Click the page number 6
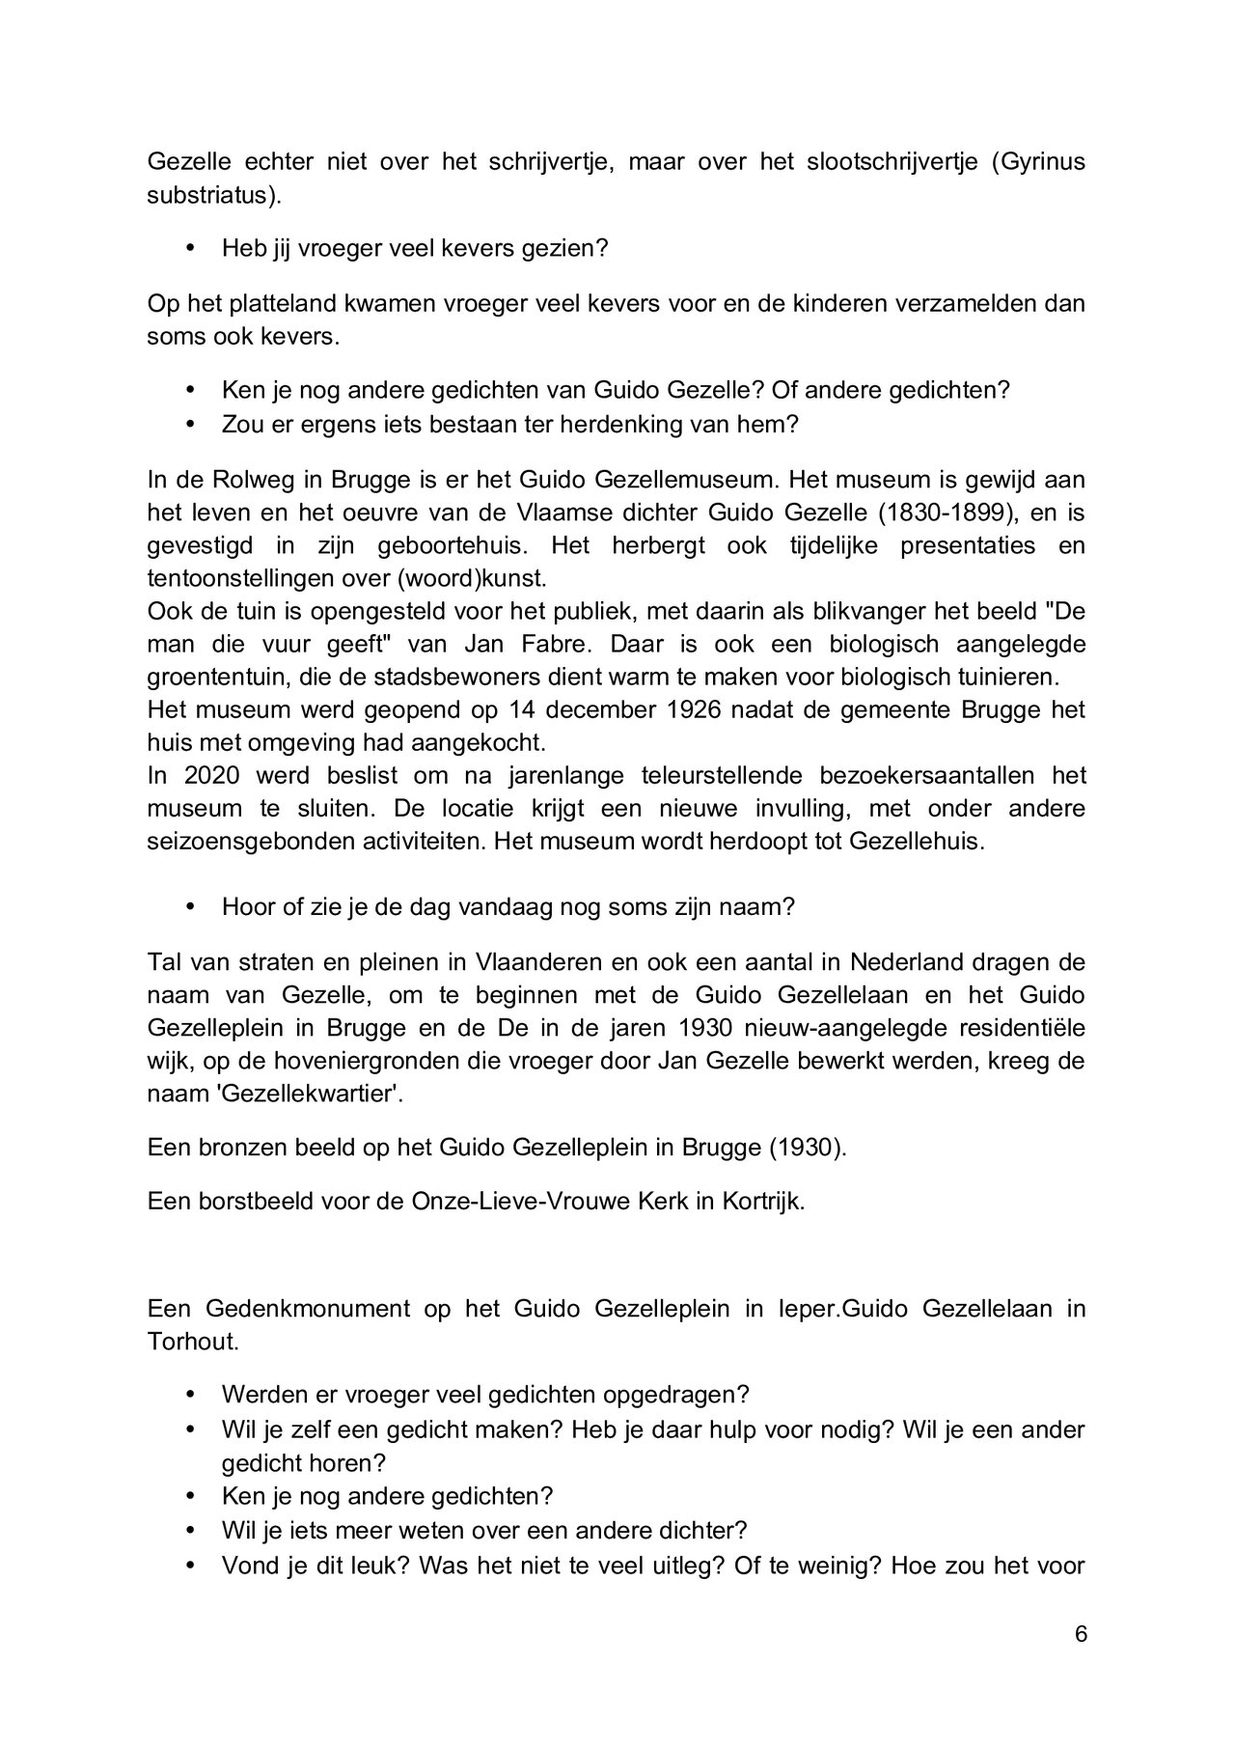click(x=1081, y=1634)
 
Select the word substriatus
click(x=213, y=195)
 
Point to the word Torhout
click(x=192, y=1342)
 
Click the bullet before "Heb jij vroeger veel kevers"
click(x=190, y=248)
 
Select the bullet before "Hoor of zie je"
click(x=190, y=906)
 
